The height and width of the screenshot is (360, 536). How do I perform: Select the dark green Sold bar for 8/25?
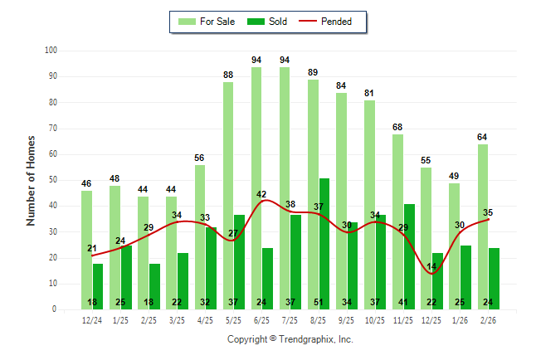(324, 244)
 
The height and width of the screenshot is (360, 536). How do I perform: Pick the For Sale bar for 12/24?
(86, 250)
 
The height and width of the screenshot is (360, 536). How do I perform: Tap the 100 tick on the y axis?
(50, 51)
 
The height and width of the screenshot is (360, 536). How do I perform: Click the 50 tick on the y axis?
(52, 180)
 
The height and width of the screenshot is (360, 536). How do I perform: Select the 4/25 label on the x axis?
(205, 320)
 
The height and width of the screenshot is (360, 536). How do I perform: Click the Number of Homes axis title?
(31, 180)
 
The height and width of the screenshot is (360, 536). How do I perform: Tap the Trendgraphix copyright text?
(290, 339)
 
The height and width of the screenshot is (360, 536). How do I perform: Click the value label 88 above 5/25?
(228, 75)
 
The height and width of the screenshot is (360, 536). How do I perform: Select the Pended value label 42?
(261, 194)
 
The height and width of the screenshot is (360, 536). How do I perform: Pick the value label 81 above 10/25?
(369, 93)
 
